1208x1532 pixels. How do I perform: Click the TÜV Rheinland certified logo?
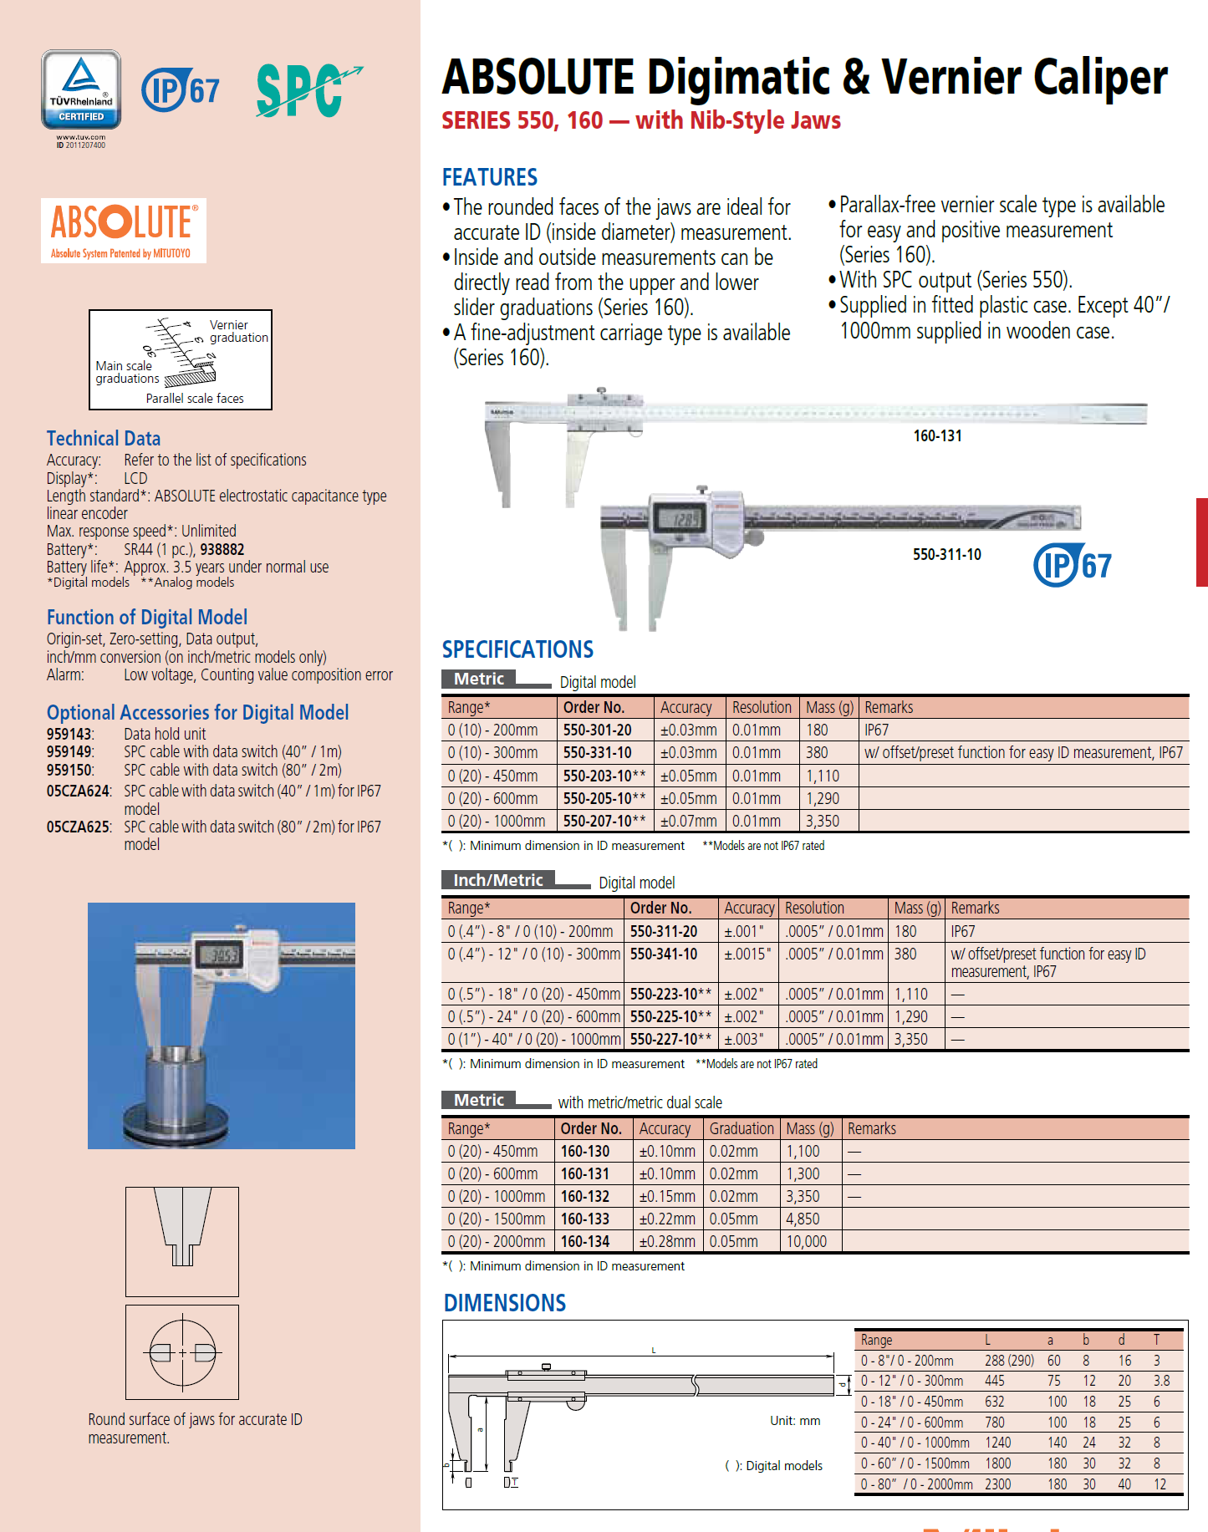pyautogui.click(x=81, y=90)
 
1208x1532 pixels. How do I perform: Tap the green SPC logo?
pyautogui.click(x=306, y=89)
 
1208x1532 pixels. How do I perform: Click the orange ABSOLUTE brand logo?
pyautogui.click(x=124, y=230)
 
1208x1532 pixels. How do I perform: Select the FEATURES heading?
pyautogui.click(x=489, y=177)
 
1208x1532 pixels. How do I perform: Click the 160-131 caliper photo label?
pyautogui.click(x=937, y=435)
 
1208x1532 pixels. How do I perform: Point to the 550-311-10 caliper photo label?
pyautogui.click(x=946, y=554)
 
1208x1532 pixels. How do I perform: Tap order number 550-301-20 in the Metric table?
pyautogui.click(x=597, y=730)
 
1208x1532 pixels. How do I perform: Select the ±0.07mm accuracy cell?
pyautogui.click(x=688, y=821)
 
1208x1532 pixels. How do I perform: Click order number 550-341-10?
pyautogui.click(x=664, y=954)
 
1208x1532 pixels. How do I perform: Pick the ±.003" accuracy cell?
pyautogui.click(x=743, y=1039)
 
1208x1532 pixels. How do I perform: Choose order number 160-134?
pyautogui.click(x=584, y=1241)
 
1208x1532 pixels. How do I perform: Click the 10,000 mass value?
pyautogui.click(x=806, y=1241)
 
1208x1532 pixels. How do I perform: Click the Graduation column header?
pyautogui.click(x=742, y=1128)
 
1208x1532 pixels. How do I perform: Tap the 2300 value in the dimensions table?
pyautogui.click(x=997, y=1484)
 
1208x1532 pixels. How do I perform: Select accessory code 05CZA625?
pyautogui.click(x=79, y=827)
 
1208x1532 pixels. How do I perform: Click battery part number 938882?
pyautogui.click(x=222, y=549)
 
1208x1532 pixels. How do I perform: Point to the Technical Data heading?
pyautogui.click(x=104, y=439)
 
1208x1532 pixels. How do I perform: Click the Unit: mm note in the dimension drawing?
pyautogui.click(x=795, y=1421)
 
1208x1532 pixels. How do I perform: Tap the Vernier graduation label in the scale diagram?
pyautogui.click(x=238, y=331)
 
